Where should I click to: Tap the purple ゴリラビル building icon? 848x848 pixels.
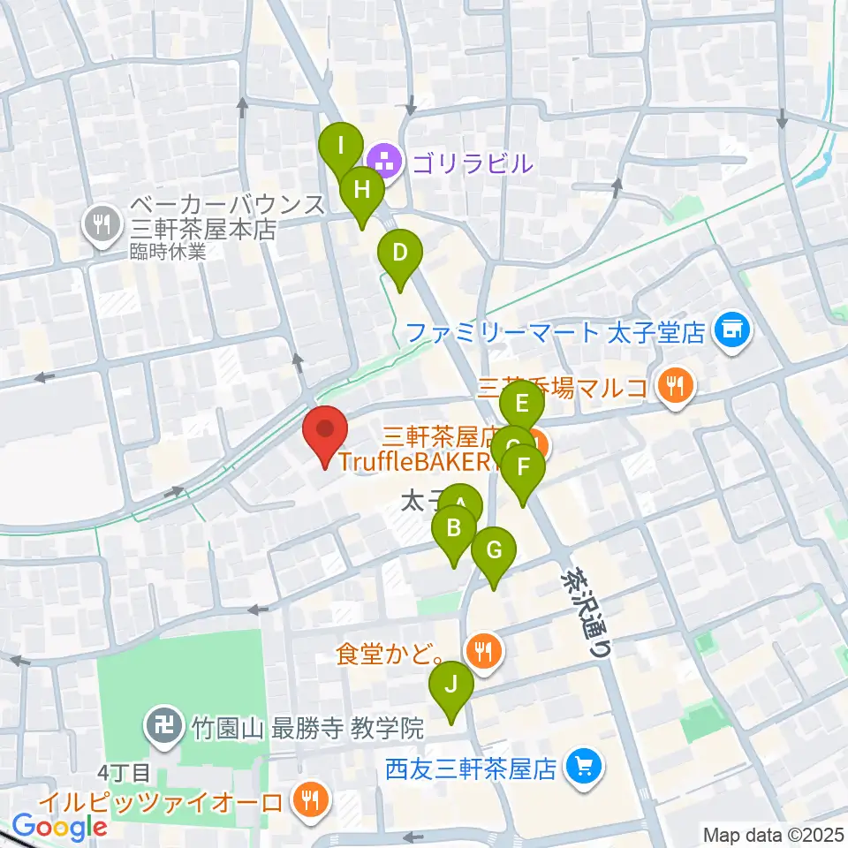(384, 163)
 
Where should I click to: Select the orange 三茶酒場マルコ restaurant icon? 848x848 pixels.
(676, 385)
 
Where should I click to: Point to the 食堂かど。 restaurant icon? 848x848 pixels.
(483, 653)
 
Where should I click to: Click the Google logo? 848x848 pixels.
(59, 827)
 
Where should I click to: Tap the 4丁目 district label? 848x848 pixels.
(122, 771)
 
